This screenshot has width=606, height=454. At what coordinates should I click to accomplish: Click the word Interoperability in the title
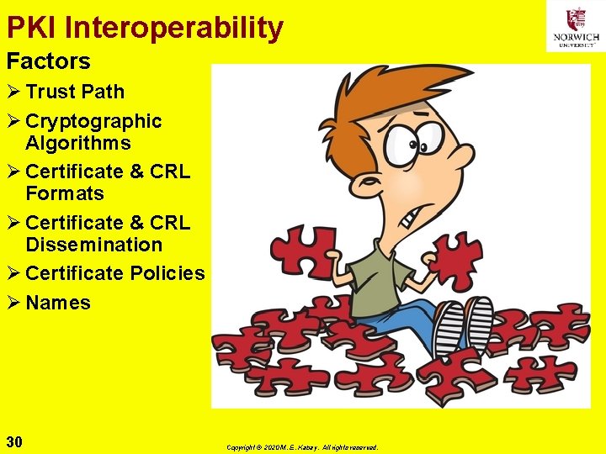[x=173, y=28]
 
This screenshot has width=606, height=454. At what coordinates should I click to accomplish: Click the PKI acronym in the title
[x=32, y=28]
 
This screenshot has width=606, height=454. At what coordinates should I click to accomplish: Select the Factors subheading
[x=48, y=61]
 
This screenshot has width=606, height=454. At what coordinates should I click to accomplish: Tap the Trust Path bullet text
[x=75, y=92]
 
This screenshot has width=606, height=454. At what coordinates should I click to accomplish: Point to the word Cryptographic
[x=93, y=121]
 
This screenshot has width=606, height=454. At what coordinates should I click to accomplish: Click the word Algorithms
[x=78, y=143]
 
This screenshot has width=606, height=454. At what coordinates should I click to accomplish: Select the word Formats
[x=65, y=193]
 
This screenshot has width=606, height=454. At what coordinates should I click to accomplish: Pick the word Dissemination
[x=93, y=245]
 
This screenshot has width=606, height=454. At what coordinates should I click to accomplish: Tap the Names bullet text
[x=58, y=303]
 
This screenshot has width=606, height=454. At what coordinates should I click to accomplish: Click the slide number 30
[x=14, y=441]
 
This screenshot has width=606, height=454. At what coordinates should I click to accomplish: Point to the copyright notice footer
[x=302, y=447]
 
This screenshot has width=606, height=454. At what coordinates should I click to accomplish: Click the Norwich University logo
[x=576, y=26]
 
